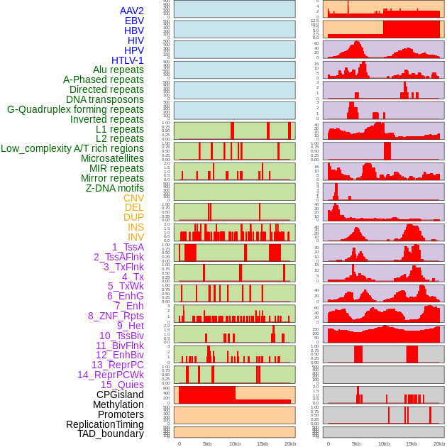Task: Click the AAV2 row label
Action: click(x=131, y=11)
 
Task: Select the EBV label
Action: click(x=134, y=21)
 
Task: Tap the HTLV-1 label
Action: click(x=127, y=60)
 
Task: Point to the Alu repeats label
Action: click(x=118, y=70)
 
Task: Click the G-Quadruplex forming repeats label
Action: click(x=75, y=109)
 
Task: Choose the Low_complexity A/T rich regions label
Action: click(x=72, y=148)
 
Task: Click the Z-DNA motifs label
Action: click(x=114, y=188)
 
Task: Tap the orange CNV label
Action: click(x=133, y=198)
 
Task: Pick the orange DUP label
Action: click(x=133, y=217)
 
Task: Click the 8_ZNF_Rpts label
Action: click(x=116, y=316)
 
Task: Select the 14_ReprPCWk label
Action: click(x=111, y=375)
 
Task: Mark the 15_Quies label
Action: click(x=122, y=385)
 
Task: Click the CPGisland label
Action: click(x=120, y=394)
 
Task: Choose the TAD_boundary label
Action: click(x=110, y=434)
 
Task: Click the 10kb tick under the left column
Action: click(x=235, y=443)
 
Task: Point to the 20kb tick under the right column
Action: click(x=439, y=443)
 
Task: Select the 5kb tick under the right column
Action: click(x=356, y=443)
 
